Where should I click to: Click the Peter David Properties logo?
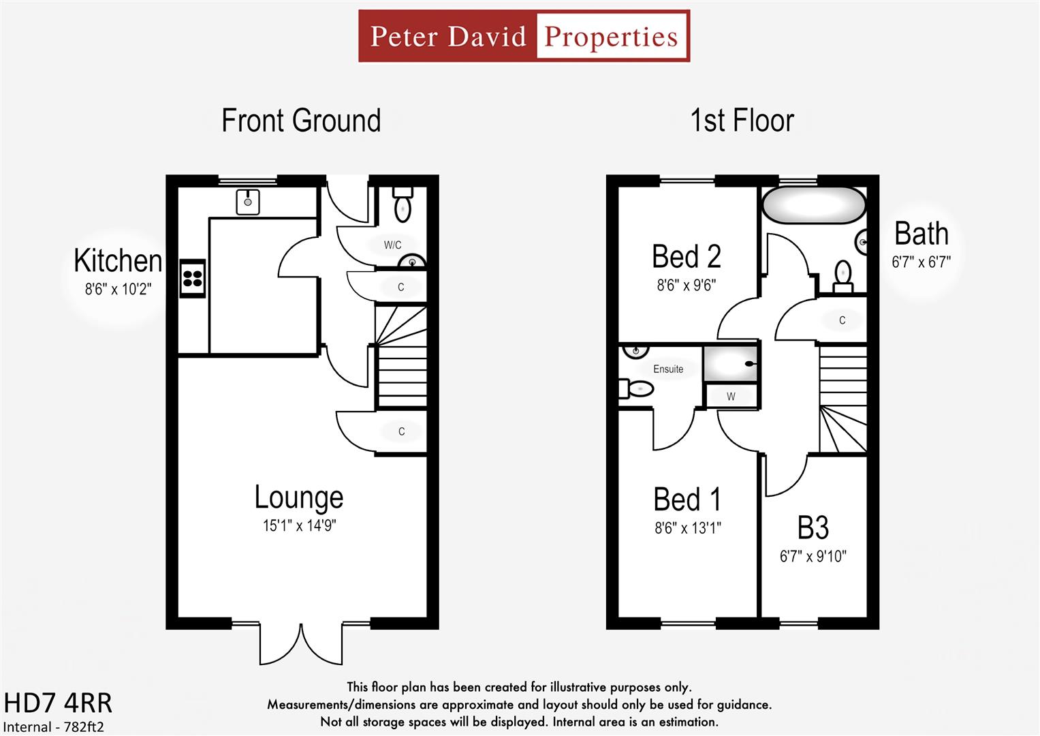524,36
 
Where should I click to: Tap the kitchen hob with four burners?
193,279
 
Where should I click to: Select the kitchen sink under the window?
248,202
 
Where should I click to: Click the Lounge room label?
299,497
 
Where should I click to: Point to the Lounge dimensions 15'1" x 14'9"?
300,526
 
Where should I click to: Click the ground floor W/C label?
392,245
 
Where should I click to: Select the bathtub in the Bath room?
813,205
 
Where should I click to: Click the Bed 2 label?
686,257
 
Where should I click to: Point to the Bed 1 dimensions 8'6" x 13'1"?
688,528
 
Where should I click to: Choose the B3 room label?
813,528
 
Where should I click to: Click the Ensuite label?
668,369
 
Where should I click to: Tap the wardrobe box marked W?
731,397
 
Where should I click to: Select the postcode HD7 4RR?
58,703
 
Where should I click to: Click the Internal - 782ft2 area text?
54,726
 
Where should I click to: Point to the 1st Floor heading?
742,121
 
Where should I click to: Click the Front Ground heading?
301,121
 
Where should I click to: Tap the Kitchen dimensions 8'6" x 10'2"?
118,290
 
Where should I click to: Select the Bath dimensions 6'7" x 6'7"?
921,262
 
